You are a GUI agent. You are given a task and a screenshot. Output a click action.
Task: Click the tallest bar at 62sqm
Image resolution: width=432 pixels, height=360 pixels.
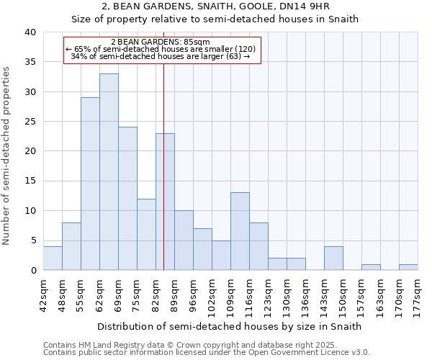coord(109,172)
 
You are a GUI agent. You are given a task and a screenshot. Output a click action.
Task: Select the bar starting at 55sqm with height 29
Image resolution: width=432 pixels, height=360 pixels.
coord(90,184)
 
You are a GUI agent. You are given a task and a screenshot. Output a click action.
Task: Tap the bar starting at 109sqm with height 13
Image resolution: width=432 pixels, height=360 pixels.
coord(240,231)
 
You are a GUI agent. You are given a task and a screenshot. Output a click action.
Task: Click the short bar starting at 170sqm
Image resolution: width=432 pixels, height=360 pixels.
coord(408,267)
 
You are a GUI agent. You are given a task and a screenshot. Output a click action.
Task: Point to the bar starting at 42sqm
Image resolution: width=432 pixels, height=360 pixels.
coord(53,258)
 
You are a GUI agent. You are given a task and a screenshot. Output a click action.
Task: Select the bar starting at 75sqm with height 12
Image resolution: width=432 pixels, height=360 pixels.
coord(146,235)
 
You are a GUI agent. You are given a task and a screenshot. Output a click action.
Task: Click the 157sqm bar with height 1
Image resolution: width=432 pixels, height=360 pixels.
coord(371,267)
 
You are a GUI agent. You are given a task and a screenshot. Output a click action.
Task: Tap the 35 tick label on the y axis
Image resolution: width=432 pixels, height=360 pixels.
coord(30,62)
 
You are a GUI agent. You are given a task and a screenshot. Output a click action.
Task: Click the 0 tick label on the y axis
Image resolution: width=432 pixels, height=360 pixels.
coord(33,271)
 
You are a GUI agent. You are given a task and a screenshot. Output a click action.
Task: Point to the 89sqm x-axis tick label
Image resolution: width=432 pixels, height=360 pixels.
coord(175,294)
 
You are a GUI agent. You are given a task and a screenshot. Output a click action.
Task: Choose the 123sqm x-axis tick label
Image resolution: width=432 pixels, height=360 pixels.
coord(269,294)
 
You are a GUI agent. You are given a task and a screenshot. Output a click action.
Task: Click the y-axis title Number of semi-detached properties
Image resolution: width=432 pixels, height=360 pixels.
coord(7,156)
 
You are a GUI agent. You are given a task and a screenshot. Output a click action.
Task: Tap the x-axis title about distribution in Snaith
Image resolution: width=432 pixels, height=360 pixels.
coord(229,326)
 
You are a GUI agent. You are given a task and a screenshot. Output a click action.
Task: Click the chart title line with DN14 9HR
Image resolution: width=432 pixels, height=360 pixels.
coord(216,6)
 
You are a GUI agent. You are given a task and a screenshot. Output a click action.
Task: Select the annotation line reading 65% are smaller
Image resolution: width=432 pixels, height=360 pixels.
coord(161,49)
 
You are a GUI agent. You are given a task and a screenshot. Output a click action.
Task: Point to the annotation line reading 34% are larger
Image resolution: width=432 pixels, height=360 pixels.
coord(161,56)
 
